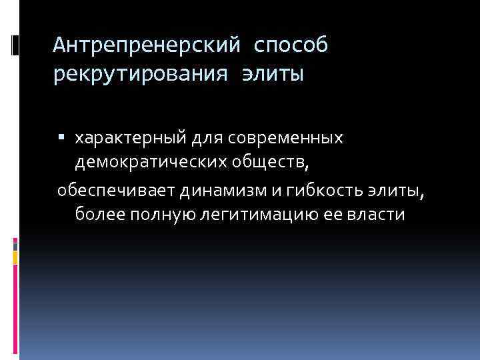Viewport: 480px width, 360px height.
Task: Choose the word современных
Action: [287, 139]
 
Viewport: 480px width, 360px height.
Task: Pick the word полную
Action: [156, 215]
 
